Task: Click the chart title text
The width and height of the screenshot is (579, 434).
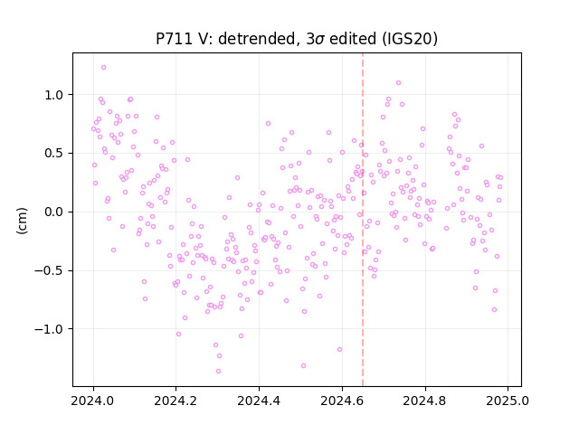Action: pos(297,39)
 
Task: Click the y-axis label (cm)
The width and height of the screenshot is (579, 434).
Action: pos(22,221)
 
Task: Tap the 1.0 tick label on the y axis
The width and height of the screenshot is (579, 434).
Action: pos(54,95)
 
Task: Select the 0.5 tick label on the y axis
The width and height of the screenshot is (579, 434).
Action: pos(54,154)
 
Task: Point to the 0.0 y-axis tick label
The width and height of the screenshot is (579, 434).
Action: pos(54,212)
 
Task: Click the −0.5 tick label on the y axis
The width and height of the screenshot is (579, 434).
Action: pos(50,271)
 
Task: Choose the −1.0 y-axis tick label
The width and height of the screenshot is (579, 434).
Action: pos(50,329)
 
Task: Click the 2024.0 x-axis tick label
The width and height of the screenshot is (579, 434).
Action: pos(93,401)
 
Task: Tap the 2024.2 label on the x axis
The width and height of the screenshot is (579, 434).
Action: pos(176,401)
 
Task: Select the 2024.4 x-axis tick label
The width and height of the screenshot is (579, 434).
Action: pos(260,401)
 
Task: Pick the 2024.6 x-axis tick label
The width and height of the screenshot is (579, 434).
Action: pos(342,401)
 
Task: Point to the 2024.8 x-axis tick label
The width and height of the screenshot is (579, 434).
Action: pos(425,401)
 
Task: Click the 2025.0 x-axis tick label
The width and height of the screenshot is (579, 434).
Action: pos(508,401)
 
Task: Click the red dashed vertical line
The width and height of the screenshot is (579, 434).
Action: pos(363,220)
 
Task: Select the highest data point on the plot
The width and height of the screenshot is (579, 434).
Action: pos(103,68)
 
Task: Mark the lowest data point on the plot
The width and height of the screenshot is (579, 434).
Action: pos(218,372)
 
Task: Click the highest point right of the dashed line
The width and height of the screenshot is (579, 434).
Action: pos(398,83)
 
